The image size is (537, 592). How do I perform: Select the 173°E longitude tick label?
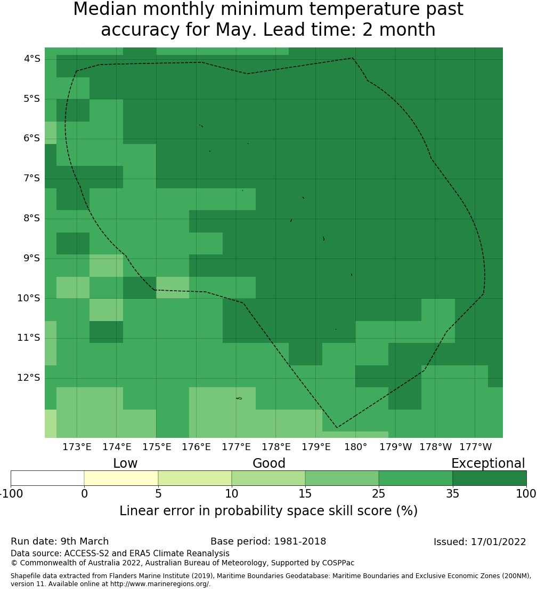pyautogui.click(x=77, y=447)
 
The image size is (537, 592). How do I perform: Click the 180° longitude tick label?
pyautogui.click(x=355, y=447)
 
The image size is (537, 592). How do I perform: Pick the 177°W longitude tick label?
pyautogui.click(x=475, y=447)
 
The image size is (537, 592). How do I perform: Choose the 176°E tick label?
pyautogui.click(x=197, y=447)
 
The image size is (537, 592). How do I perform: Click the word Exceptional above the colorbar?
pyautogui.click(x=487, y=463)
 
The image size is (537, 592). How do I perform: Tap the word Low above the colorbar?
pyautogui.click(x=125, y=463)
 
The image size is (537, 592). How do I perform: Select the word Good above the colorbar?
pyautogui.click(x=269, y=463)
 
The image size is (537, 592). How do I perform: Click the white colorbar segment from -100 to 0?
pyautogui.click(x=47, y=478)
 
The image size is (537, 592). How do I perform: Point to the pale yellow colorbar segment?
pyautogui.click(x=121, y=478)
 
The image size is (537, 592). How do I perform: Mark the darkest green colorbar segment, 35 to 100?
pyautogui.click(x=489, y=478)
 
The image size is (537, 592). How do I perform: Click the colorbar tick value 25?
pyautogui.click(x=379, y=494)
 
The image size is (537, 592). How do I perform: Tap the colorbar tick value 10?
pyautogui.click(x=232, y=494)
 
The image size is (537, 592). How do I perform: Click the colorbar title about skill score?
pyautogui.click(x=268, y=511)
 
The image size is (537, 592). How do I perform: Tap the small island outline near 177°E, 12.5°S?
pyautogui.click(x=239, y=398)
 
